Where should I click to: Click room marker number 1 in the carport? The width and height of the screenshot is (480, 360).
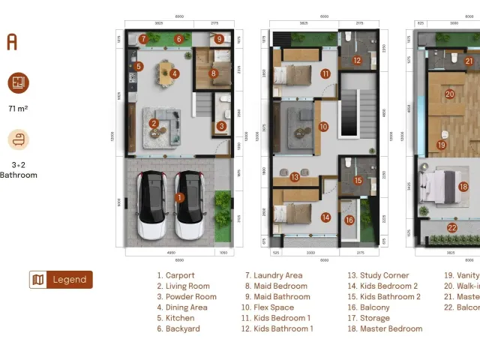pyautogui.click(x=178, y=197)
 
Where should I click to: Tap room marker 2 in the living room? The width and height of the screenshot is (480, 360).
pyautogui.click(x=154, y=124)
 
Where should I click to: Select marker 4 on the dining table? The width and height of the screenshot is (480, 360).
pyautogui.click(x=174, y=73)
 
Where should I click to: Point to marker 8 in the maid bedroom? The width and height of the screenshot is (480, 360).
pyautogui.click(x=214, y=73)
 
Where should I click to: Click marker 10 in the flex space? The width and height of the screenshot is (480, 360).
pyautogui.click(x=323, y=127)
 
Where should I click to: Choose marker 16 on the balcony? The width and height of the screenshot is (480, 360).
pyautogui.click(x=349, y=220)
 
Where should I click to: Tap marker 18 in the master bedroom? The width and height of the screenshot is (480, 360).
pyautogui.click(x=463, y=187)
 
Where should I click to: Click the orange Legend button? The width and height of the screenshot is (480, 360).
pyautogui.click(x=61, y=280)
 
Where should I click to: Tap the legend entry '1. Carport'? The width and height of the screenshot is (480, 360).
pyautogui.click(x=175, y=276)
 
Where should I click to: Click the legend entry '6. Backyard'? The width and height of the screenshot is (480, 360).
pyautogui.click(x=178, y=328)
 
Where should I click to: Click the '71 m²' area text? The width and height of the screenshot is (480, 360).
pyautogui.click(x=18, y=109)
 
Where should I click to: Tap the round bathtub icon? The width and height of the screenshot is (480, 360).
pyautogui.click(x=19, y=140)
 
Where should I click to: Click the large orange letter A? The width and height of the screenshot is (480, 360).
pyautogui.click(x=12, y=42)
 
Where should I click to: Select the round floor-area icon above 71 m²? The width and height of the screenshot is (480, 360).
pyautogui.click(x=19, y=82)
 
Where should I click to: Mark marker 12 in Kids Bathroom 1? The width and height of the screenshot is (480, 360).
pyautogui.click(x=357, y=61)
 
